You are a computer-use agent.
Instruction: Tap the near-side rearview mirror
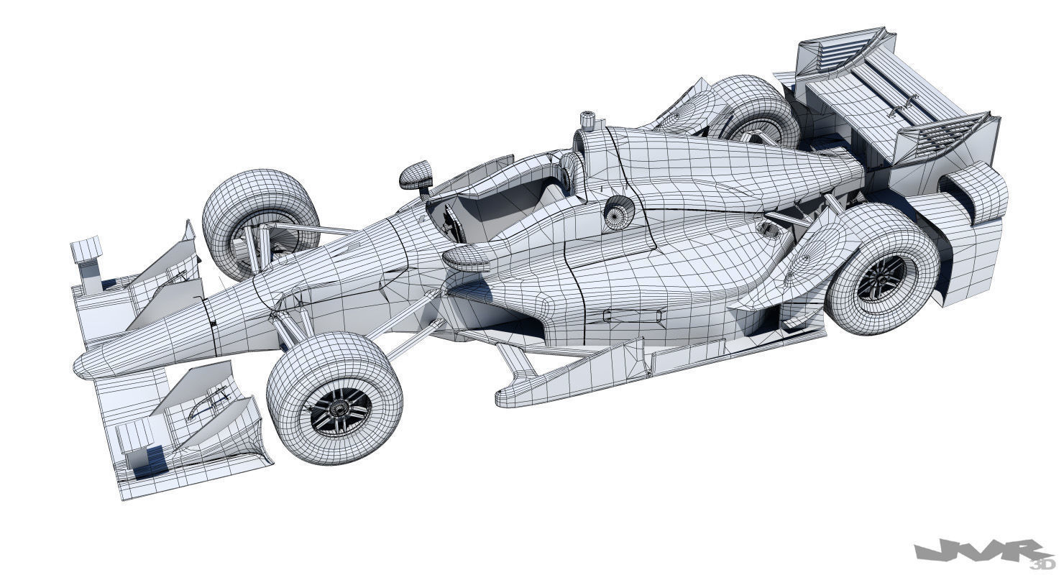click(467, 259)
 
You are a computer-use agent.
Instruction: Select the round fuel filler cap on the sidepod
click(618, 213)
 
